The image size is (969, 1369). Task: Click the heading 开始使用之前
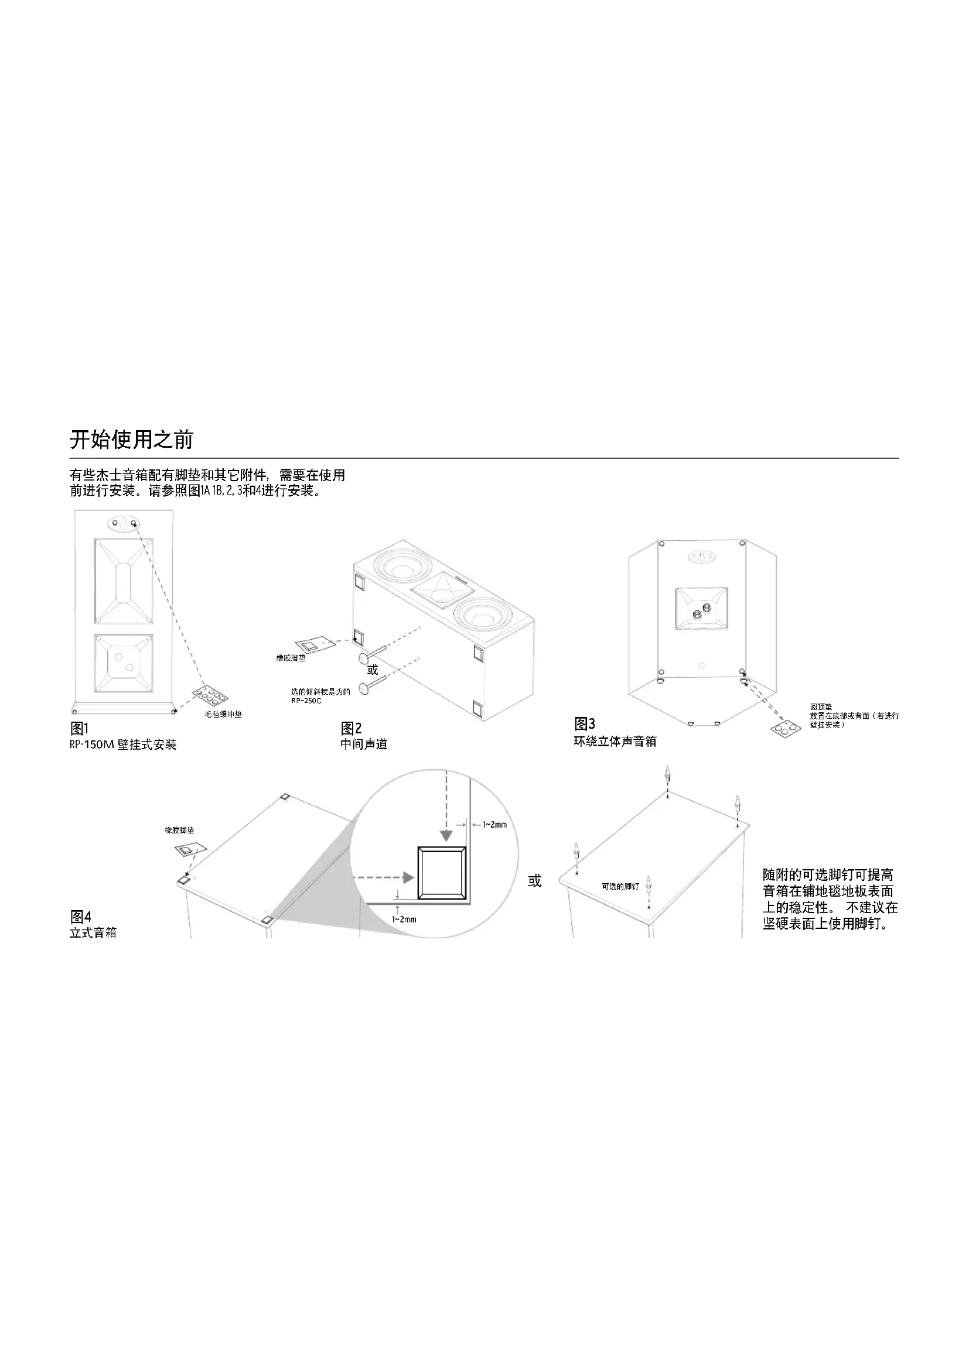pos(132,440)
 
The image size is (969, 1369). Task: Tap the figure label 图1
pos(79,729)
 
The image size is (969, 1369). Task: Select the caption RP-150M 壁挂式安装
pos(123,744)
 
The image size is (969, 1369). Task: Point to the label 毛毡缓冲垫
pos(223,714)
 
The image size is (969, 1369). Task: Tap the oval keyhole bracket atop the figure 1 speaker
pos(123,523)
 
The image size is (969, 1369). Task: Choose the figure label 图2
pos(351,729)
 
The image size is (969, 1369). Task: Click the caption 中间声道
pos(364,744)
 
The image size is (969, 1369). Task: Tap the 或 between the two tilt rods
pos(373,670)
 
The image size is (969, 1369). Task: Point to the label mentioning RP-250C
pos(320,696)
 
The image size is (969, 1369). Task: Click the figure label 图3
pos(585,725)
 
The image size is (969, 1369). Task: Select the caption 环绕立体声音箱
pos(615,741)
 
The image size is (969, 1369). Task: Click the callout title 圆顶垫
pos(821,707)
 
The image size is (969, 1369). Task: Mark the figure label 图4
pos(80,917)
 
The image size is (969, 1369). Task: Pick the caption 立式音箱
pos(93,933)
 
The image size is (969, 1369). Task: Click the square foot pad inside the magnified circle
pos(442,873)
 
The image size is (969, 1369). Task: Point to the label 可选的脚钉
pos(620,887)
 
